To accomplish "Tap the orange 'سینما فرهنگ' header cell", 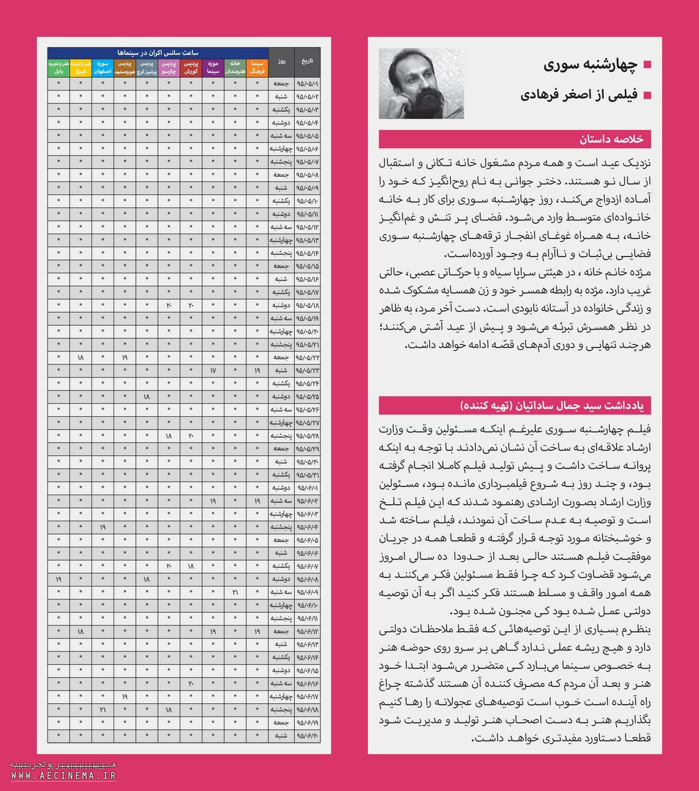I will pos(257,67).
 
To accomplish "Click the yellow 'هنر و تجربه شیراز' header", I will pos(80,67).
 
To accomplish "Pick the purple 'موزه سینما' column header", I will pos(213,67).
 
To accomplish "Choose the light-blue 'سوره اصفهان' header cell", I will pos(103,67).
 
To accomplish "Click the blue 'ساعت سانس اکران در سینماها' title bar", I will pos(158,53).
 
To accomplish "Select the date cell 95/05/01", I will pos(307,83).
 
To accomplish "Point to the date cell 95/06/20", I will pos(307,736).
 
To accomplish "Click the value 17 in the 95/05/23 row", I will pos(213,371).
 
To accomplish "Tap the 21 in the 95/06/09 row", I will pos(235,592).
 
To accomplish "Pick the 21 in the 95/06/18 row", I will pos(103,710).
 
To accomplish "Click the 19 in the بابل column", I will pos(59,579).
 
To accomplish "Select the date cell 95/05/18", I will pos(307,305).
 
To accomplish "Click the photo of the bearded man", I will pos(421,84).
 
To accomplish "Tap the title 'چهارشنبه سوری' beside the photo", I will pos(590,65).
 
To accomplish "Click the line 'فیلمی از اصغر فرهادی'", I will pos(579,95).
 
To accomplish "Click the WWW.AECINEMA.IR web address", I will pos(63,776).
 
